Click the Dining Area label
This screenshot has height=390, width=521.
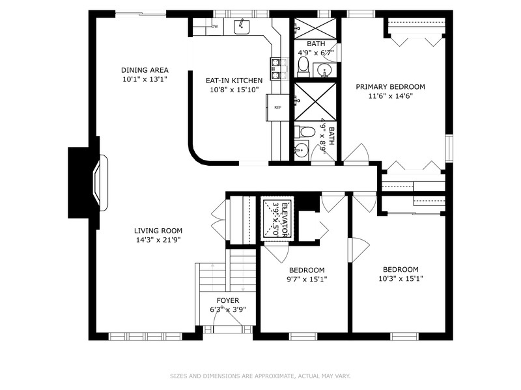(145, 70)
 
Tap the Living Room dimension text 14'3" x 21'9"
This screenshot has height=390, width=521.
(158, 240)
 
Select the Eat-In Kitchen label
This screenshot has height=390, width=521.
(234, 80)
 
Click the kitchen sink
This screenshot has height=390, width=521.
(242, 27)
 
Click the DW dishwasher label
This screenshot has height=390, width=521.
(215, 27)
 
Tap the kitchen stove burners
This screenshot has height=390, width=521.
(279, 69)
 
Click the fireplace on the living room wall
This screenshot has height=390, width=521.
(100, 183)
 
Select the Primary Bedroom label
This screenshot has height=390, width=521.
(390, 87)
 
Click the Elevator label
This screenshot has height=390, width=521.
(285, 220)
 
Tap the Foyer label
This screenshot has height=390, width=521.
(227, 300)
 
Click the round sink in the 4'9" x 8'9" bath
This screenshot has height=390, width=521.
(302, 150)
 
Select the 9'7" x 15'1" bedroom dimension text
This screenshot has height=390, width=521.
(307, 279)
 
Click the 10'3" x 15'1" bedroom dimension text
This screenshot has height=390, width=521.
(401, 279)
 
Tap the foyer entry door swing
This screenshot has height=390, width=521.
(228, 318)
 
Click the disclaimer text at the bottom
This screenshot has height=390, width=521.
(260, 376)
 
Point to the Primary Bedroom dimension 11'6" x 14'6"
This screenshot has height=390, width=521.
(390, 96)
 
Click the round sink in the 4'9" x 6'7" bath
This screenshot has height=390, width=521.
(323, 70)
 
